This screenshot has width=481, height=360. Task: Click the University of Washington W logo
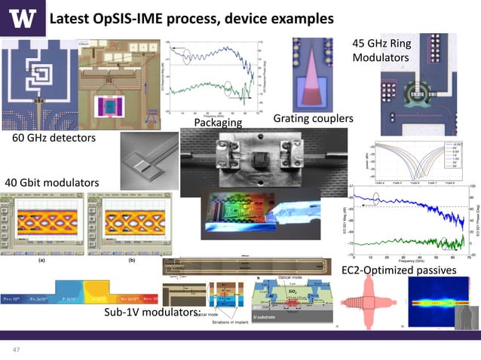(x=21, y=17)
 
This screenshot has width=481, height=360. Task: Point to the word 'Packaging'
(x=218, y=122)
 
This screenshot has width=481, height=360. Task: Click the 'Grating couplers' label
(x=313, y=119)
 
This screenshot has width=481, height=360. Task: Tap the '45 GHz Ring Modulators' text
(x=381, y=50)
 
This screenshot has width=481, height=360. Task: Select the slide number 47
(x=15, y=349)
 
